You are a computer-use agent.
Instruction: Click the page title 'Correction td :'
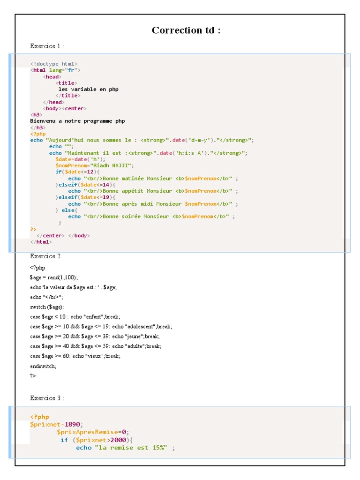[186, 30]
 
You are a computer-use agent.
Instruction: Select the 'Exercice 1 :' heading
[47, 46]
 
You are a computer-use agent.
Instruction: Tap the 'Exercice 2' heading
[45, 256]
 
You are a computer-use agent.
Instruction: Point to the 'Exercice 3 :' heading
[47, 398]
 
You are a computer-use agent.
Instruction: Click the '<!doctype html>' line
[54, 64]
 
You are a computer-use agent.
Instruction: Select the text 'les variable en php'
[88, 89]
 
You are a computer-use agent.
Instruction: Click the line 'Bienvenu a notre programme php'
[77, 121]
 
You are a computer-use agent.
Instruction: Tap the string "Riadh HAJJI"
[112, 165]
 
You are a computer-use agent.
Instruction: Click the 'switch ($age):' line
[47, 307]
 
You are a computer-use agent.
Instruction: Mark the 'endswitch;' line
[43, 366]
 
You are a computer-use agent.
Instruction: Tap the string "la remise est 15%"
[132, 448]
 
